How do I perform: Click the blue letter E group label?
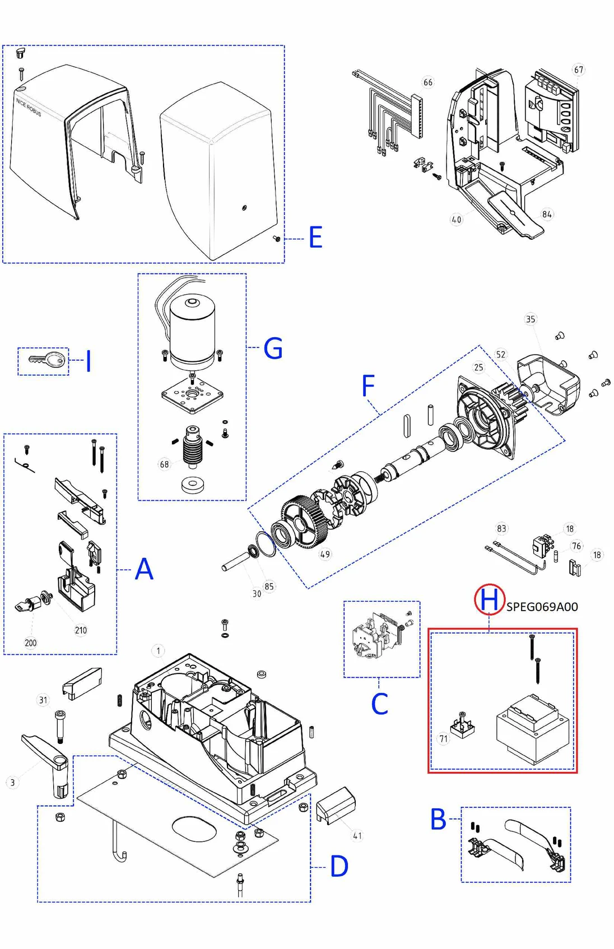tap(315, 238)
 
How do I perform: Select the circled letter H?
tap(490, 599)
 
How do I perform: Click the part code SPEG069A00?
tap(542, 607)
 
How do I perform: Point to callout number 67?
tap(578, 70)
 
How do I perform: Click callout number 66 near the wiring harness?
tap(427, 82)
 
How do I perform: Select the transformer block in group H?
tap(532, 730)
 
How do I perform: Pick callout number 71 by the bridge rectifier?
tap(444, 739)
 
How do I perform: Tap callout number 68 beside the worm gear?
tap(164, 464)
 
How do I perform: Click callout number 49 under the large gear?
tap(325, 555)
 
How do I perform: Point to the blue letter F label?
tap(368, 386)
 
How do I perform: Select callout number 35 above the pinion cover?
tap(531, 319)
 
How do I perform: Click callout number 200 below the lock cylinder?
tap(31, 643)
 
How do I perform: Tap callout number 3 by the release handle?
tap(12, 783)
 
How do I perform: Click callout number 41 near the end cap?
tap(357, 836)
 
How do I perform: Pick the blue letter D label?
tap(339, 866)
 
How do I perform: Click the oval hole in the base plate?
tap(194, 829)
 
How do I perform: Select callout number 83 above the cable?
tap(501, 528)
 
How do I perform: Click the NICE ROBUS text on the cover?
tap(29, 107)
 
